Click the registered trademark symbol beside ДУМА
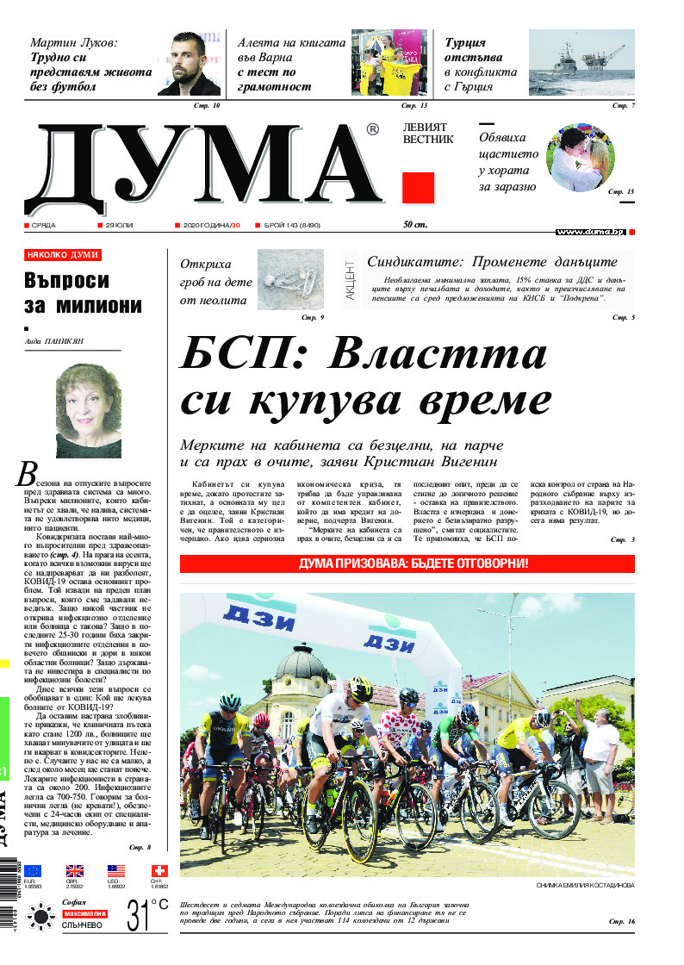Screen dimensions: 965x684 tap(372, 130)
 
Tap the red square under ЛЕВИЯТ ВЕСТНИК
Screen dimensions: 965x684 tap(418, 187)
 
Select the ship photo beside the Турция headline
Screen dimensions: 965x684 tap(581, 62)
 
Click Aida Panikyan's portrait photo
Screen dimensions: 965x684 tap(88, 410)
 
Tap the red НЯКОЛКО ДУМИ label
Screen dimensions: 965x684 tap(63, 255)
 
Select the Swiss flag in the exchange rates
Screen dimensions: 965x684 tap(158, 870)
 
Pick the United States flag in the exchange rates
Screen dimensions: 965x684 tap(116, 870)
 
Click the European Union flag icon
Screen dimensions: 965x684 tap(33, 870)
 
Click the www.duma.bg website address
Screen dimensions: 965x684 tap(589, 232)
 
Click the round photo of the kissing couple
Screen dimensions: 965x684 tap(581, 158)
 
